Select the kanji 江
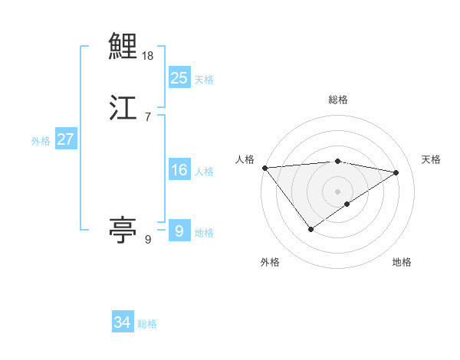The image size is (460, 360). (123, 108)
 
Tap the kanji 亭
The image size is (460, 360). (123, 229)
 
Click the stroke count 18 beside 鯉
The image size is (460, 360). (149, 56)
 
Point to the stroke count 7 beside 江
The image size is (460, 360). (147, 116)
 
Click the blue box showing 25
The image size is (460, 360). (179, 77)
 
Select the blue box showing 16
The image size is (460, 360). (179, 170)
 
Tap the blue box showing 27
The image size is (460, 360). (65, 139)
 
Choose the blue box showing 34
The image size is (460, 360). (123, 322)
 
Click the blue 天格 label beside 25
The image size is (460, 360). (203, 79)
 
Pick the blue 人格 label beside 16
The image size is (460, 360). (204, 172)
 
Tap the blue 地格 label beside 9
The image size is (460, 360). (204, 233)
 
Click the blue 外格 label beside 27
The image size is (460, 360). (41, 141)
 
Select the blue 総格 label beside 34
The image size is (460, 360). (147, 324)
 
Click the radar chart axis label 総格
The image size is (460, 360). (337, 100)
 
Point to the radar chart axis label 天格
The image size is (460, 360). (431, 159)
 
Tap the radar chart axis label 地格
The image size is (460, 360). (402, 262)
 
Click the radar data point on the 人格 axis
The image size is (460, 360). (264, 168)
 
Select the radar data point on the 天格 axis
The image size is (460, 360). (396, 172)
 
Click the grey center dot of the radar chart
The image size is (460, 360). (337, 191)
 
